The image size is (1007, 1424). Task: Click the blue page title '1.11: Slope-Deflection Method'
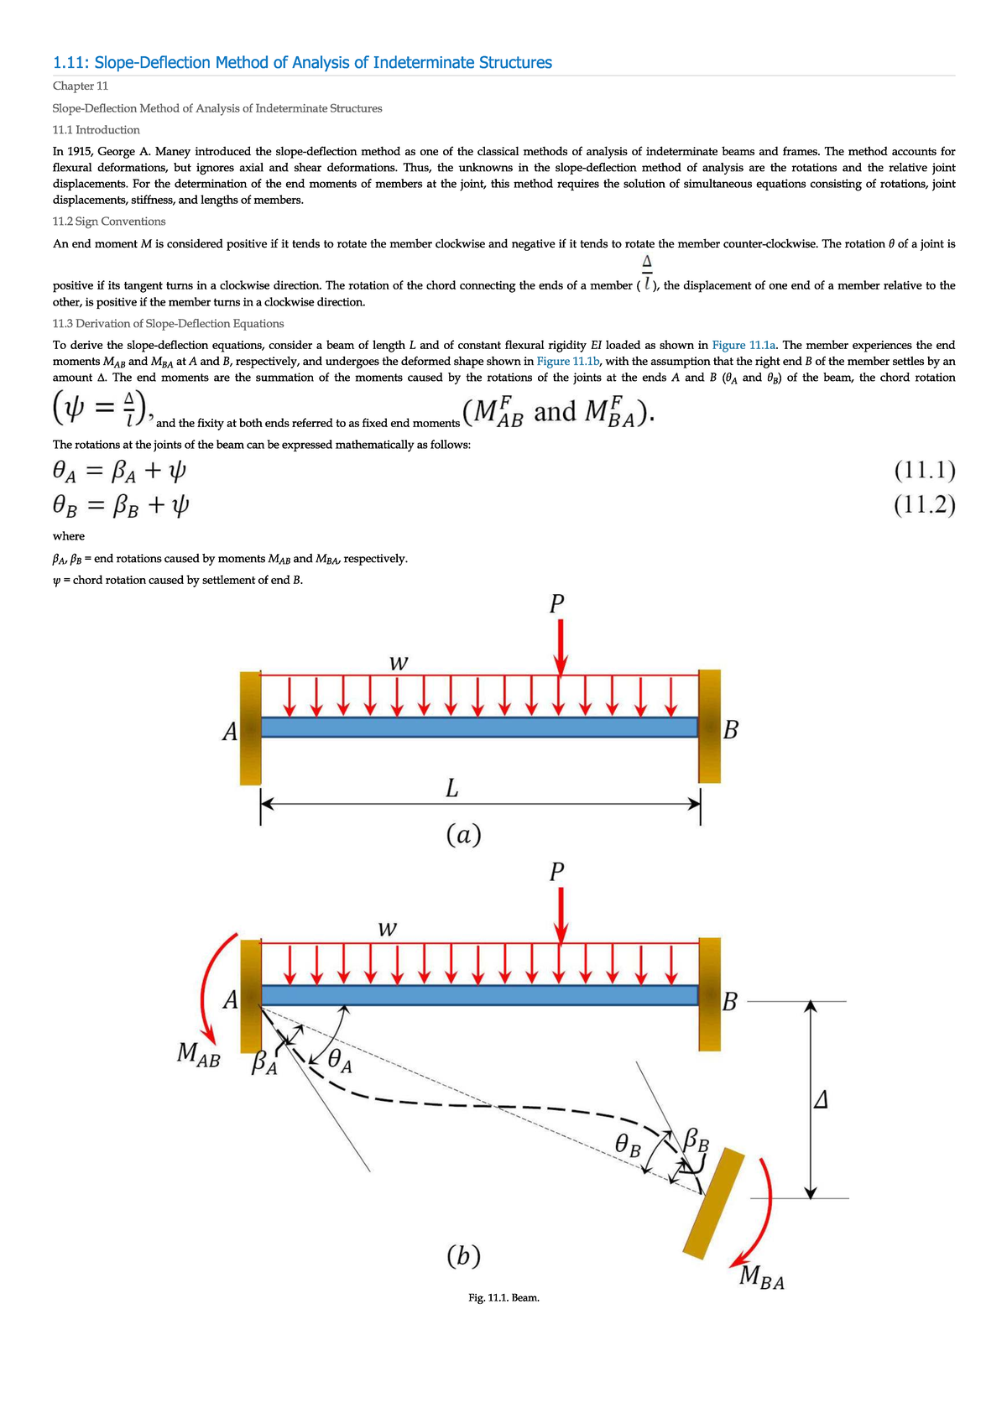(x=302, y=63)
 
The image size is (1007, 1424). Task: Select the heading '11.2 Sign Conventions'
(x=109, y=222)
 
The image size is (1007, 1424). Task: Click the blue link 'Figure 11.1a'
(x=745, y=345)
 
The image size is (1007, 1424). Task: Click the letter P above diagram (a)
(x=556, y=603)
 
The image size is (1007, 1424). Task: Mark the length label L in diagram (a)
(x=451, y=789)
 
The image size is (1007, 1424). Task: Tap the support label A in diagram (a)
(x=229, y=733)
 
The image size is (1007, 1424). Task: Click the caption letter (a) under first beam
(x=463, y=834)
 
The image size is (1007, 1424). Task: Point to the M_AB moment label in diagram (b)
(x=199, y=1054)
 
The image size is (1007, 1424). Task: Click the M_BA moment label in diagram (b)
(x=762, y=1278)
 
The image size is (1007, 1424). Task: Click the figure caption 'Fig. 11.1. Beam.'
(x=503, y=1298)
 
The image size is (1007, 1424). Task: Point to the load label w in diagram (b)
(x=387, y=929)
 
